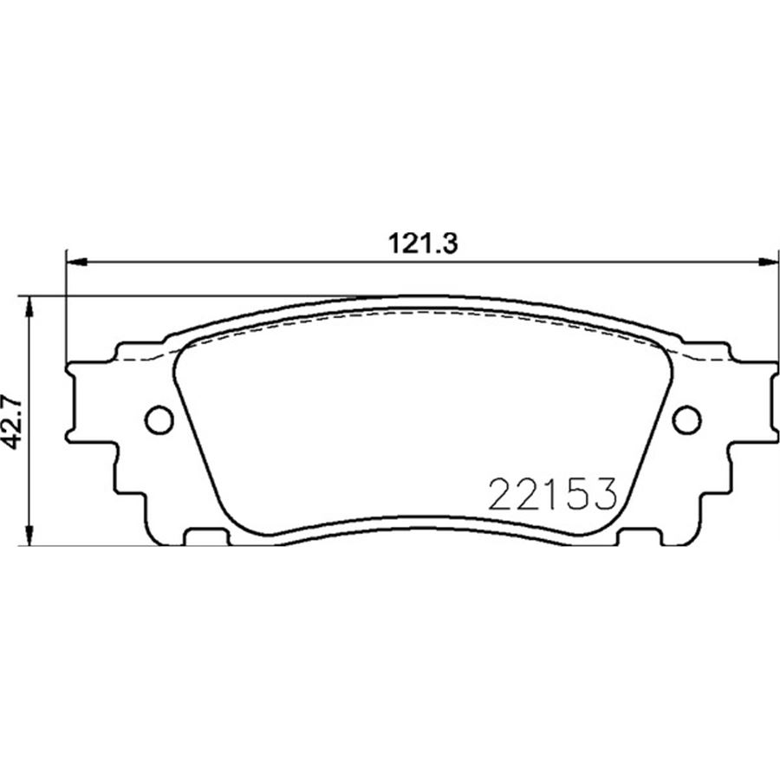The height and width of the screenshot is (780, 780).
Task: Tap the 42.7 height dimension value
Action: tap(11, 422)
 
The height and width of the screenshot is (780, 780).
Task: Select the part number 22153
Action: tap(552, 494)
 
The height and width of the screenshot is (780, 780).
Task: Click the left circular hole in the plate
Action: tap(159, 420)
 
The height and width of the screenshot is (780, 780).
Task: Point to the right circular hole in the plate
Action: tap(686, 420)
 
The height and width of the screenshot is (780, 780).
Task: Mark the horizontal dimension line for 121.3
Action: tap(260, 260)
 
